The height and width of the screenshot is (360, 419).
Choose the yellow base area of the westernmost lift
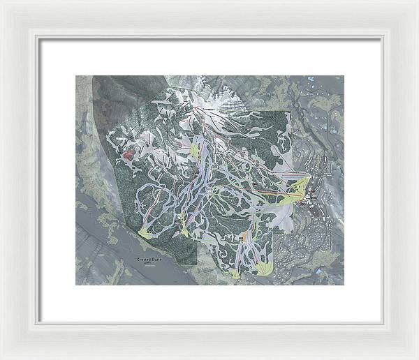pos(148,231)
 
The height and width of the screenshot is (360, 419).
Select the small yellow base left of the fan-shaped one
pos(236,269)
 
